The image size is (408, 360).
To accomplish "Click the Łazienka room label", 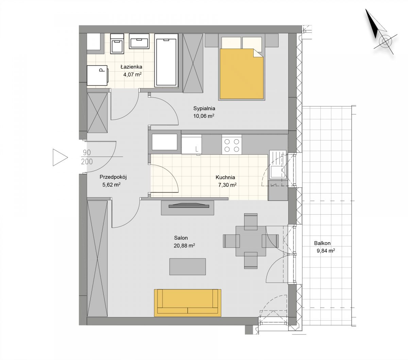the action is (131, 67).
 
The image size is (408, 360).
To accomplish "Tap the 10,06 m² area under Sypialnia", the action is (204, 116).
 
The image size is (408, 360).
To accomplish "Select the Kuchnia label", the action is (225, 177).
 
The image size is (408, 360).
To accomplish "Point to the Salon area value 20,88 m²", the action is (184, 246).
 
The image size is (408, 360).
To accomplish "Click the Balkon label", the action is (322, 243).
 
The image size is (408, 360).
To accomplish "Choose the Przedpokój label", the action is (113, 177).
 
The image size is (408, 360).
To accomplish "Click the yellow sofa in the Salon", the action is (187, 303).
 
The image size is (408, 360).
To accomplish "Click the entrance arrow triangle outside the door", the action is (60, 157).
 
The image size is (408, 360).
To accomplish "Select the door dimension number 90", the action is (87, 152).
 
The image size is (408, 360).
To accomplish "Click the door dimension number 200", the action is (87, 161).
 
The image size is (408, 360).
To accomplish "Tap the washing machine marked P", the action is (97, 75).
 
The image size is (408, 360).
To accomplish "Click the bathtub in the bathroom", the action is (166, 60).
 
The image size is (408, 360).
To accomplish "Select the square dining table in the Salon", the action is (251, 241).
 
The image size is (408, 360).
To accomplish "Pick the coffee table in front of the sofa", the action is (187, 267).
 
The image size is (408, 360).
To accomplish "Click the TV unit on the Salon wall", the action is (187, 208).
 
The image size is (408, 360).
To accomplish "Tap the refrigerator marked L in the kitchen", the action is (191, 145).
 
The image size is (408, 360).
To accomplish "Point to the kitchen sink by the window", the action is (278, 165).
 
